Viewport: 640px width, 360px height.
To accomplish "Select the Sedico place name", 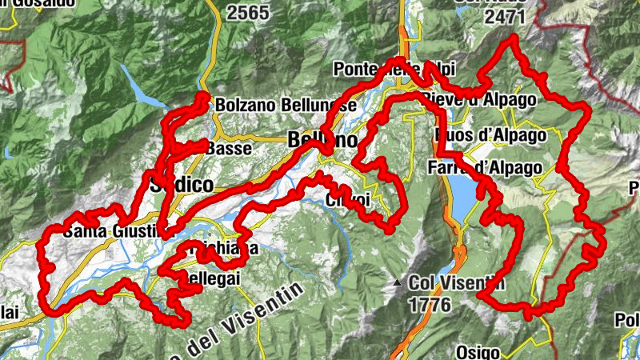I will pyautogui.click(x=182, y=186).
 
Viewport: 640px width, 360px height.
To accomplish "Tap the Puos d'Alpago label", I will pyautogui.click(x=486, y=134).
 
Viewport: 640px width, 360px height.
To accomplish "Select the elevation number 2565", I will pyautogui.click(x=249, y=13).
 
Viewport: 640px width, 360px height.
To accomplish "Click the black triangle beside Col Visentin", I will pyautogui.click(x=398, y=282).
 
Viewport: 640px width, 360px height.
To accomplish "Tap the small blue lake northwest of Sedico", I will pyautogui.click(x=144, y=93).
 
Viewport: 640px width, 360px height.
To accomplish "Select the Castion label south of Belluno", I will pyautogui.click(x=348, y=199).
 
